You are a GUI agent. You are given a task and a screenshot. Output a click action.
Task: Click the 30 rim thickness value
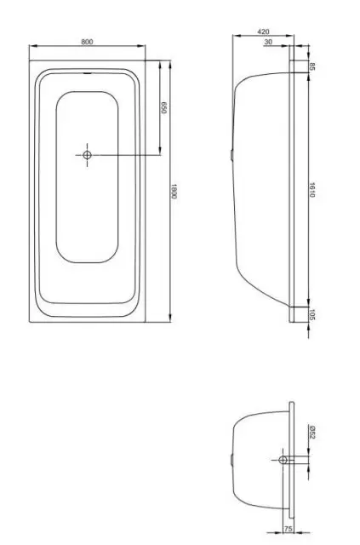269,41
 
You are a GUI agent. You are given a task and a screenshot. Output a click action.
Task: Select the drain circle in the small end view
283,459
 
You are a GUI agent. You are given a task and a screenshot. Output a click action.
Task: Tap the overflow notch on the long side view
232,154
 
